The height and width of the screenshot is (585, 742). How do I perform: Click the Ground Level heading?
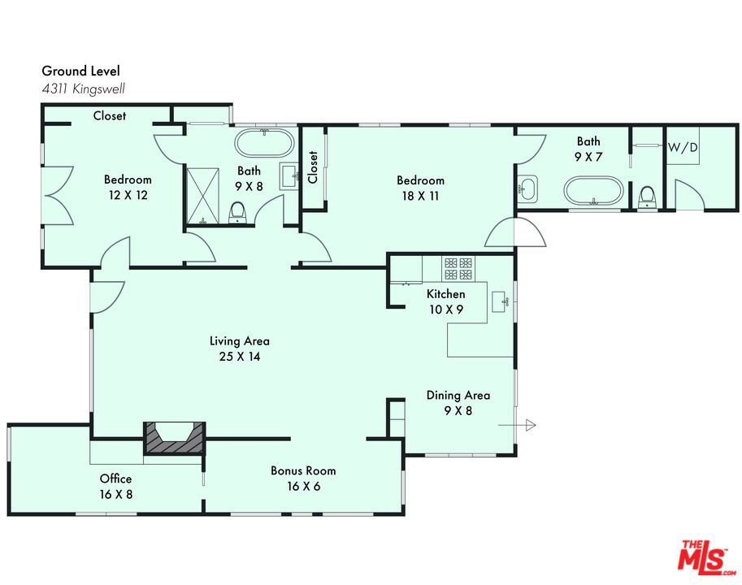(81, 71)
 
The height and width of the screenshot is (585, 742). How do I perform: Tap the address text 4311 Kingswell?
(83, 89)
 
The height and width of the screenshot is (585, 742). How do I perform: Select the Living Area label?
(240, 341)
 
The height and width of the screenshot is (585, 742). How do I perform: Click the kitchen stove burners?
(458, 269)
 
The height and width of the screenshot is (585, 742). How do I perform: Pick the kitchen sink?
(500, 301)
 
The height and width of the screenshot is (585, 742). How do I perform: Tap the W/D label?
(683, 148)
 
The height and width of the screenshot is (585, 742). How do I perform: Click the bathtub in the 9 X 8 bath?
(264, 143)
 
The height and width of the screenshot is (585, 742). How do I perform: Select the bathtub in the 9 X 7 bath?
(593, 191)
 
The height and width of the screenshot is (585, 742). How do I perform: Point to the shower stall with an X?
(203, 195)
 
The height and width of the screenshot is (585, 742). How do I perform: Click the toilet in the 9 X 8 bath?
(236, 212)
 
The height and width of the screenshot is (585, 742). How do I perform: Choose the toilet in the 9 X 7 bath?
(646, 197)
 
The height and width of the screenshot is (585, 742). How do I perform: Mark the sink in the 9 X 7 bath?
(527, 189)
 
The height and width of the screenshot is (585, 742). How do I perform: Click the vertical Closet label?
(312, 167)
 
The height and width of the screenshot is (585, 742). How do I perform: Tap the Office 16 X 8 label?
(116, 486)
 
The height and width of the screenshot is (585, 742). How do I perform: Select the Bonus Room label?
(303, 470)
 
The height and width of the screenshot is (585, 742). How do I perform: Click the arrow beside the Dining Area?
(517, 425)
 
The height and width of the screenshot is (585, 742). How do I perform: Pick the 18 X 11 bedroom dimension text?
(420, 196)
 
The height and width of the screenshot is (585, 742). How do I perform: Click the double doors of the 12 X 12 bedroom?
(58, 195)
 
